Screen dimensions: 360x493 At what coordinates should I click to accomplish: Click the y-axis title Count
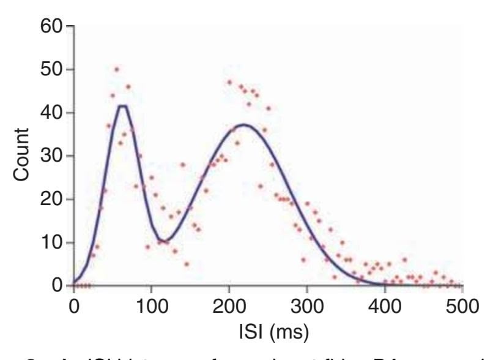pos(21,156)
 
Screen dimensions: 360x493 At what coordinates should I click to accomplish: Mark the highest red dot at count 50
pos(116,69)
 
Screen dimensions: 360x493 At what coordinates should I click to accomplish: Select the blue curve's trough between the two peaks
pos(160,239)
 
